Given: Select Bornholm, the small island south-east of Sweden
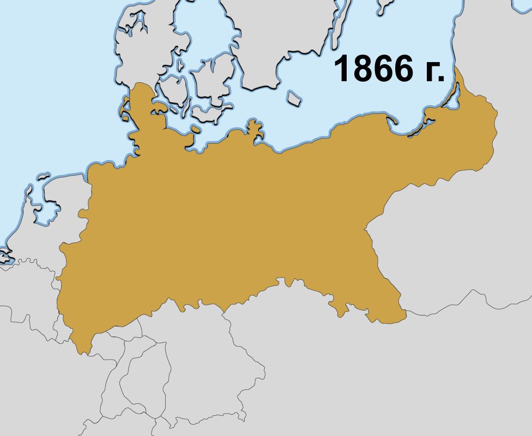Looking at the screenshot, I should tap(294, 99).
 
